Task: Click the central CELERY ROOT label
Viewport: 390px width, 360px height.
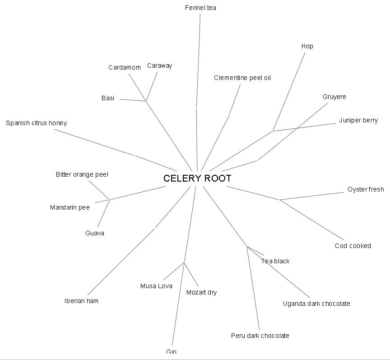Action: click(x=197, y=178)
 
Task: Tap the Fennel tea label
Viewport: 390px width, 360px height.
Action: click(x=200, y=8)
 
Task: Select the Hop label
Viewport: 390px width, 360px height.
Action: click(x=307, y=46)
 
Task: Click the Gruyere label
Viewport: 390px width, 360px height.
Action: click(x=334, y=97)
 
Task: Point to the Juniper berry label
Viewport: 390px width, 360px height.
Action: click(x=358, y=120)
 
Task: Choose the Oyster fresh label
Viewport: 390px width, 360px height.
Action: click(x=366, y=189)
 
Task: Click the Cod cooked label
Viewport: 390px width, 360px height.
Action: click(x=353, y=246)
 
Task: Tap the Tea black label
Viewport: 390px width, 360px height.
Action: click(x=275, y=261)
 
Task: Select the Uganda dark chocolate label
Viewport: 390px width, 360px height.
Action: click(x=316, y=304)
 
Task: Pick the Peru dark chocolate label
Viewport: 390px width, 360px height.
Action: click(x=260, y=336)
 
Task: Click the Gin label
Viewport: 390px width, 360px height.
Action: click(x=171, y=351)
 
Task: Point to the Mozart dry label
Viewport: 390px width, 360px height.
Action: click(x=201, y=292)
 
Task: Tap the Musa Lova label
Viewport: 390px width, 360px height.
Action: click(x=156, y=286)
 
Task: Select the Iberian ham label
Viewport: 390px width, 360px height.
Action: click(x=81, y=301)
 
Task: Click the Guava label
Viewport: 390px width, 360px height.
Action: click(x=95, y=233)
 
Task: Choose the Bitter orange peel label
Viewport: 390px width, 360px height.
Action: click(x=82, y=174)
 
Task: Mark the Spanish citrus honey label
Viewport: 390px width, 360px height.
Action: click(x=36, y=123)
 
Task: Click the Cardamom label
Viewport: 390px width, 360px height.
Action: click(x=125, y=67)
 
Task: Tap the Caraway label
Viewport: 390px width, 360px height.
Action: click(x=160, y=65)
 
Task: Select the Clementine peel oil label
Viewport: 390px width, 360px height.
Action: click(x=242, y=78)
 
